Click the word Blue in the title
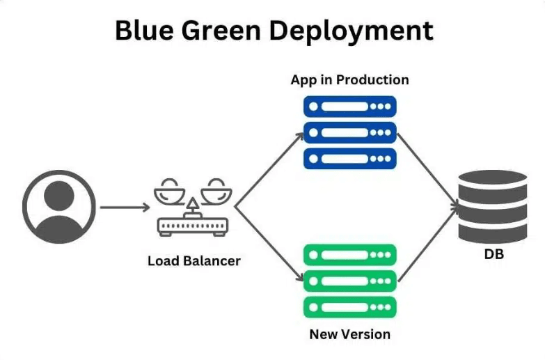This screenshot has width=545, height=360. (143, 31)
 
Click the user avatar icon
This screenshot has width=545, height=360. (58, 207)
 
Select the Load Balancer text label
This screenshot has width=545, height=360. (194, 261)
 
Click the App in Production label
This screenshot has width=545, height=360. (349, 79)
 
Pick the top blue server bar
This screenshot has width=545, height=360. (349, 107)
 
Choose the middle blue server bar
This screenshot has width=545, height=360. (349, 132)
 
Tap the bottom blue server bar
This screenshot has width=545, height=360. (349, 158)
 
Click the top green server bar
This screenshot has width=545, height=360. (349, 255)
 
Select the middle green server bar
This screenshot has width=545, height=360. (349, 281)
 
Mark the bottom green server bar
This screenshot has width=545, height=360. (349, 306)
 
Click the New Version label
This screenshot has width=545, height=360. (349, 334)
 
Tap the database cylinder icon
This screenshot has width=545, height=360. (493, 206)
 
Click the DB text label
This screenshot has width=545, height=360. (493, 255)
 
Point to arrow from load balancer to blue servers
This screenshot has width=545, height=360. (269, 170)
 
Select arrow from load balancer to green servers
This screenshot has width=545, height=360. (269, 244)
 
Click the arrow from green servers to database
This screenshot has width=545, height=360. (428, 244)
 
